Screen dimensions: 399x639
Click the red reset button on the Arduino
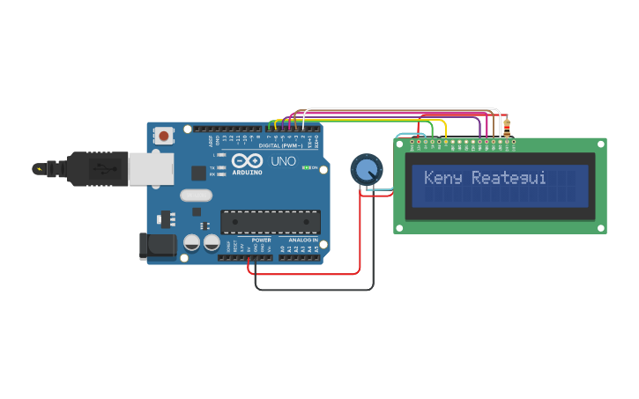[x=164, y=136]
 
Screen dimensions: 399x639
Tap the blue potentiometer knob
[x=366, y=169]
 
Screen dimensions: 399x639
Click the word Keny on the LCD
[x=443, y=178]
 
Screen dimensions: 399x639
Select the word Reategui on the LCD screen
[x=509, y=178]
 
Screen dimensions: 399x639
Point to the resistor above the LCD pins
[x=506, y=131]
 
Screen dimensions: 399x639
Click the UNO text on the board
[x=283, y=161]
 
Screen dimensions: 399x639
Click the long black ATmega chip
[x=270, y=224]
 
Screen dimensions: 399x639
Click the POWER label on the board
[x=261, y=240]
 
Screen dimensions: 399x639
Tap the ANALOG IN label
[x=298, y=240]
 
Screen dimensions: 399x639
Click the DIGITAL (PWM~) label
[x=285, y=145]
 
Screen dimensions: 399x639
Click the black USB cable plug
[x=88, y=168]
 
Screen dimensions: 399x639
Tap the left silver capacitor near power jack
[x=192, y=242]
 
